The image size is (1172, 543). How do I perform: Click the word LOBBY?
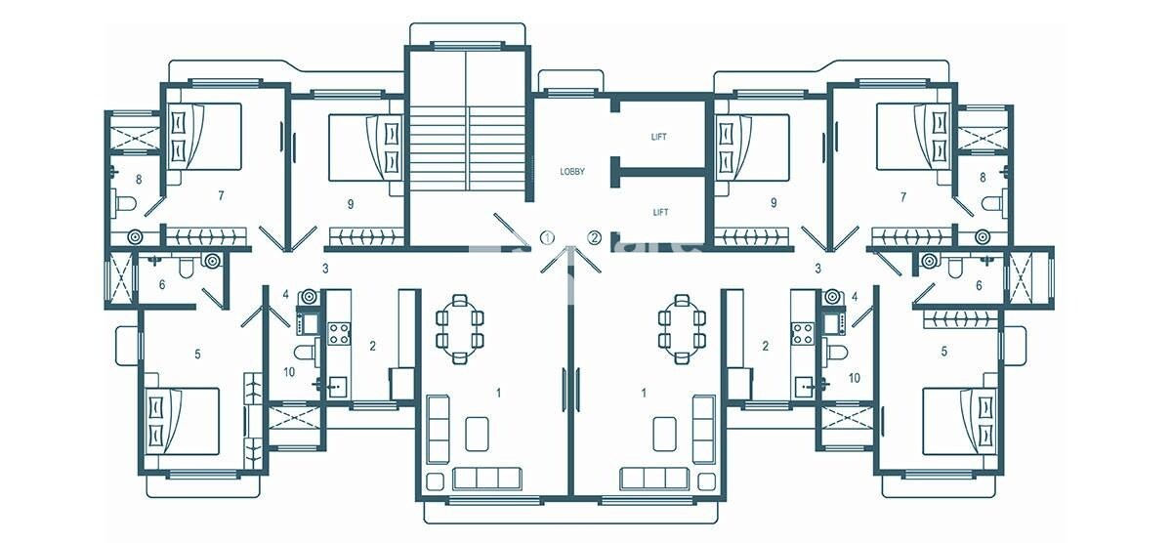point(571,172)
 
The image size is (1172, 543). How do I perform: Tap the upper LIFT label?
point(659,137)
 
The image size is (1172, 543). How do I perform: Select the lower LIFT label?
point(659,211)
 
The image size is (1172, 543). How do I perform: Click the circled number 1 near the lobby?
point(548,236)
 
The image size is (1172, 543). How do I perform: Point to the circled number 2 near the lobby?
point(594,236)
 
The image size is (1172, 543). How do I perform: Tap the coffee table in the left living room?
point(477,433)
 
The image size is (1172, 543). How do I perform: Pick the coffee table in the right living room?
point(663,433)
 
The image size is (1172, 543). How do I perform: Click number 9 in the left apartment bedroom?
point(349,204)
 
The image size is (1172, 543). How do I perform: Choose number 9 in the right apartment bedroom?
point(774,204)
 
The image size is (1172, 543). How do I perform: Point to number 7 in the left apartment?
point(222,196)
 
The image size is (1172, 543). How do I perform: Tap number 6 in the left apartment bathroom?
point(162,284)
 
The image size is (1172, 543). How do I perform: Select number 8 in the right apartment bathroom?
point(983,178)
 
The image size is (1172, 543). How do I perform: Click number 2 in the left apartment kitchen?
point(372,344)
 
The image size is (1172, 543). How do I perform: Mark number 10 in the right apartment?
point(854,377)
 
